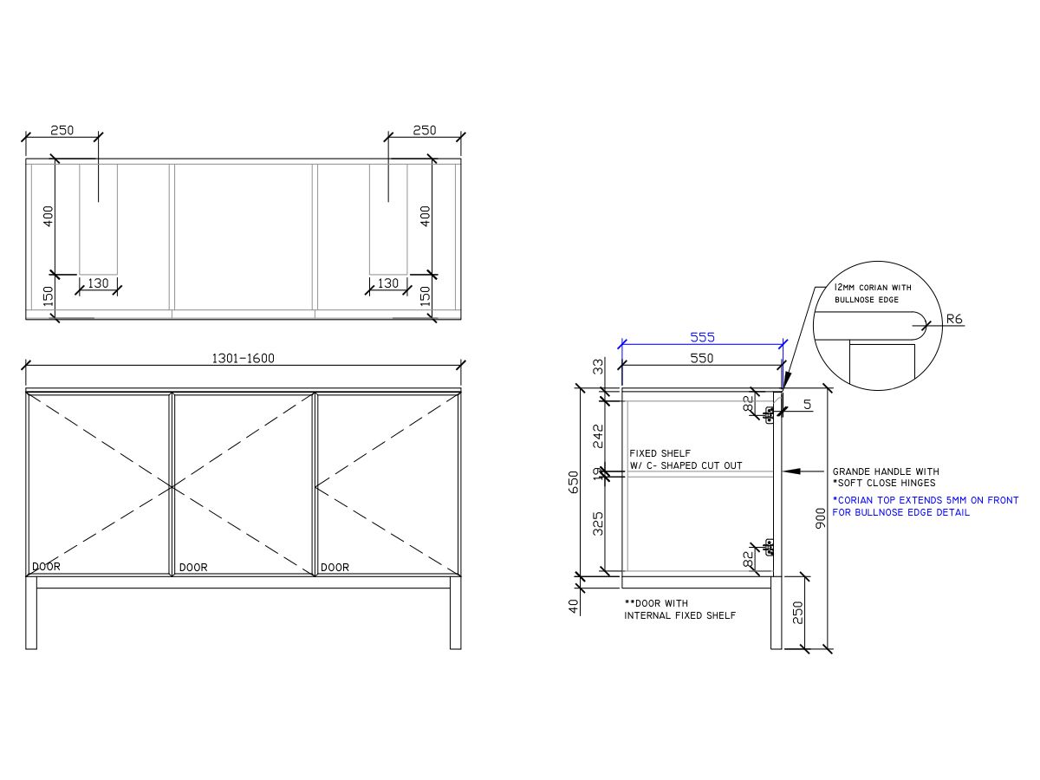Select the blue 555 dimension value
tap(702, 337)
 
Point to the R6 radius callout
tap(953, 319)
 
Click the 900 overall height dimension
tap(821, 518)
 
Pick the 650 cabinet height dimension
tap(573, 482)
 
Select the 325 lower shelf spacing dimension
tap(597, 523)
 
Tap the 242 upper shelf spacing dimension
tap(597, 436)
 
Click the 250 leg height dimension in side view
tap(797, 612)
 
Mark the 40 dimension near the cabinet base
tap(573, 606)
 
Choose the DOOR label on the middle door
tap(193, 568)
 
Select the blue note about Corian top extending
tap(925, 506)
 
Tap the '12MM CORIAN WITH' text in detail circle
tap(873, 287)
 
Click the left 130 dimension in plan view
tap(98, 283)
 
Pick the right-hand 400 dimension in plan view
tap(425, 215)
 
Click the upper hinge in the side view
tap(769, 413)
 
